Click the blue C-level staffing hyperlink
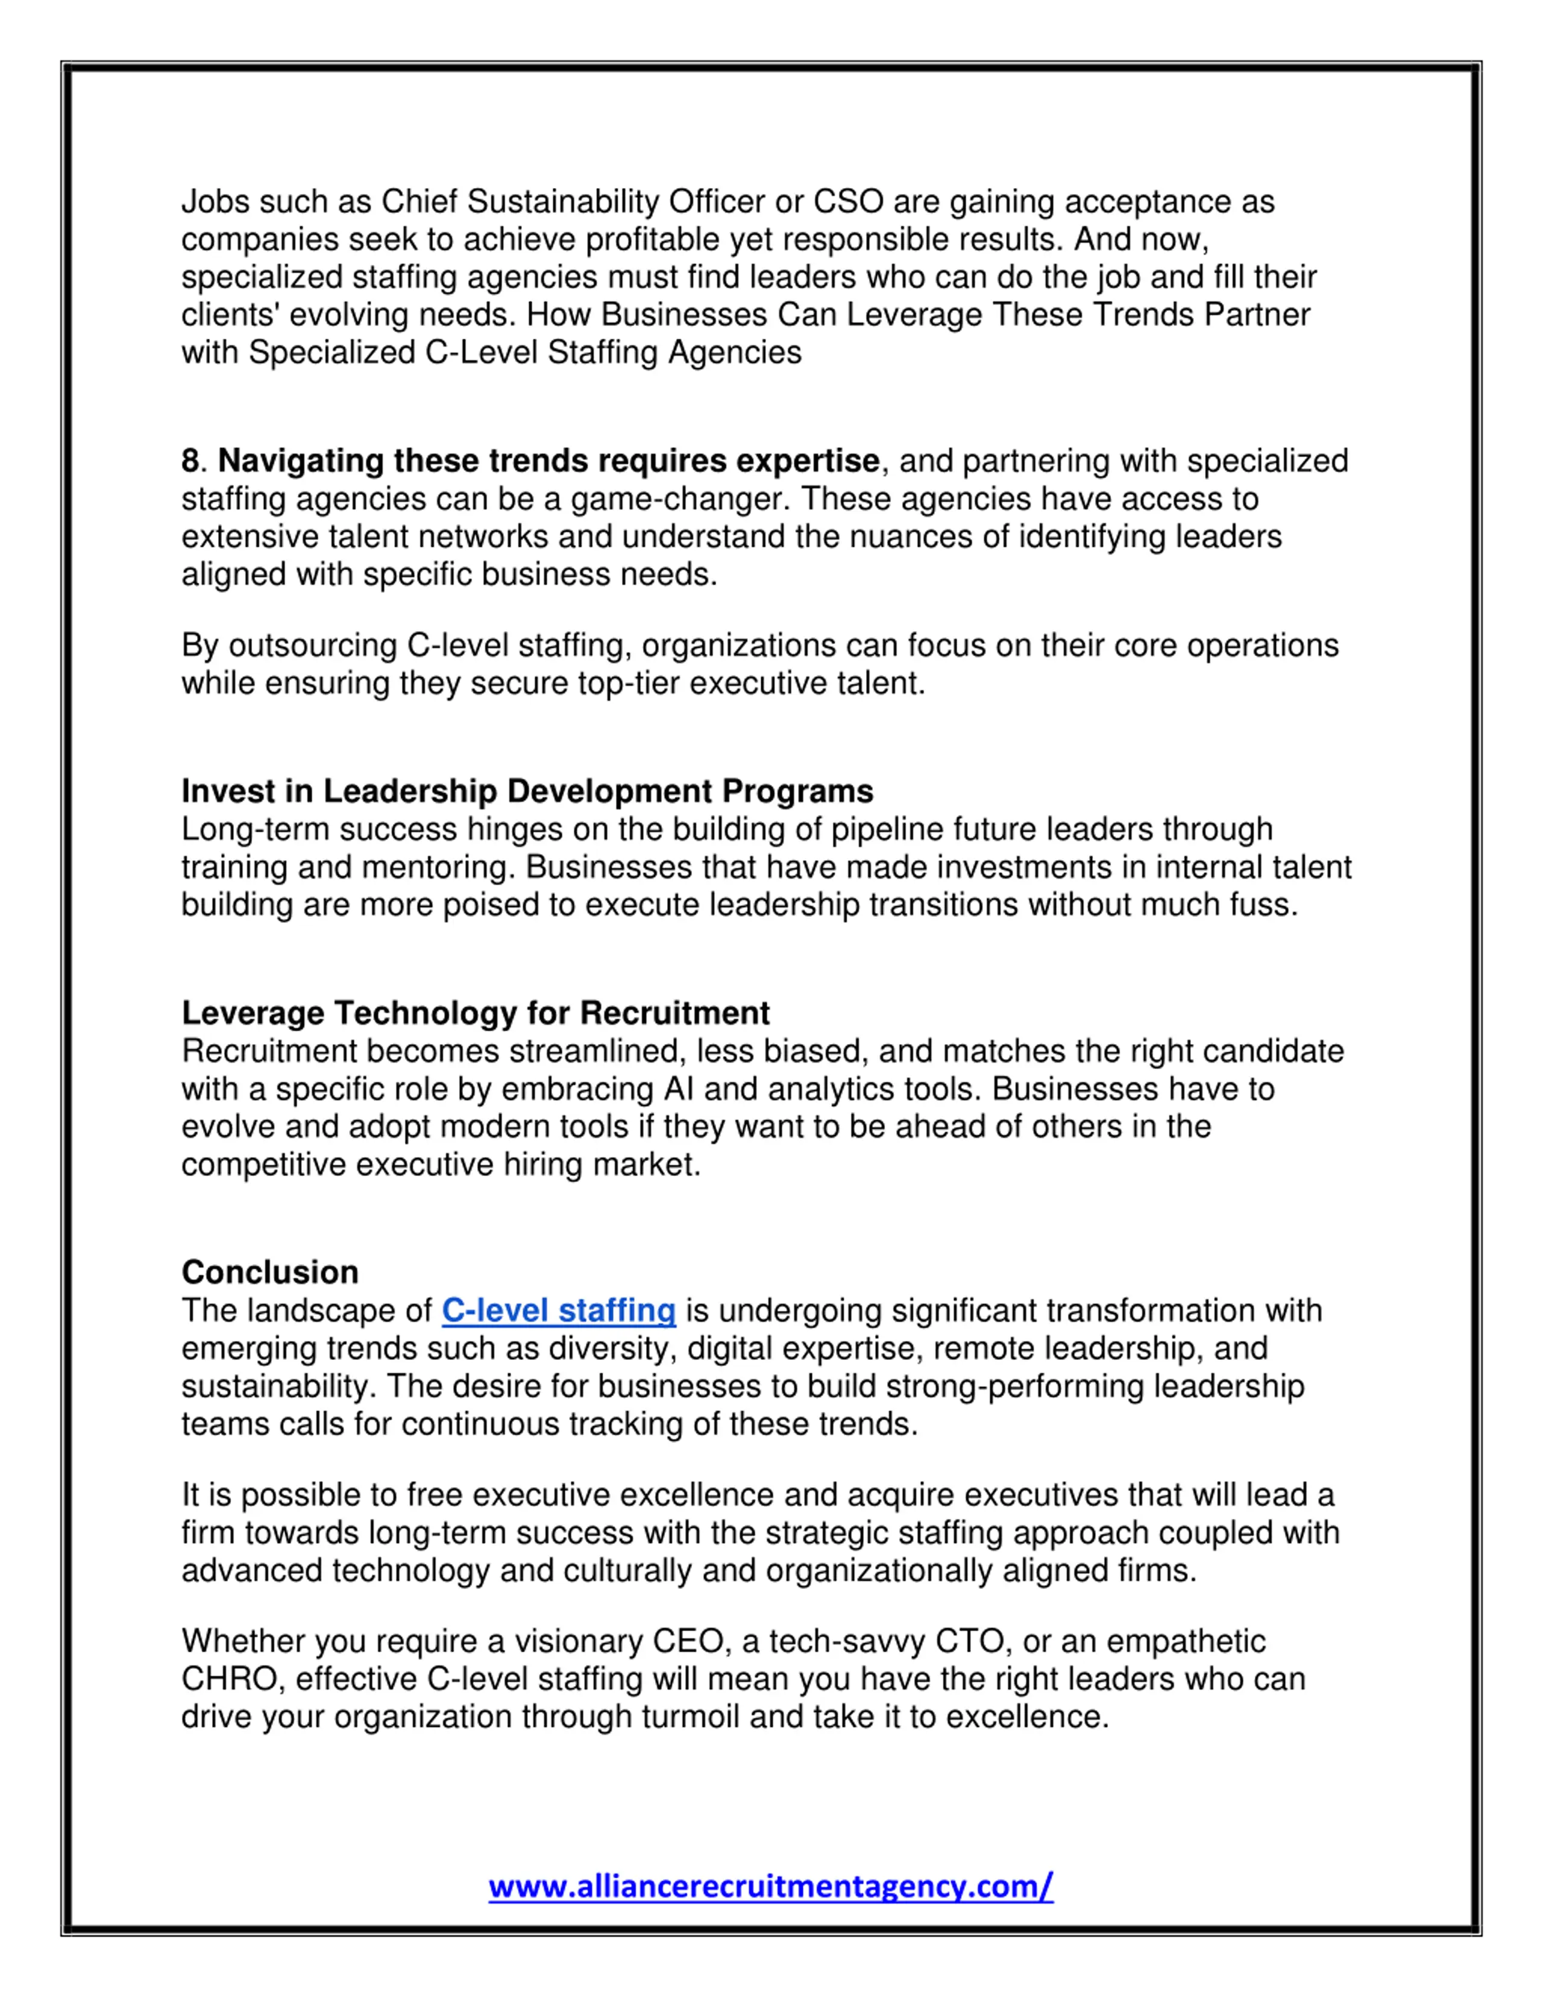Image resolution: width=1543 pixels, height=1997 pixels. pyautogui.click(x=559, y=1310)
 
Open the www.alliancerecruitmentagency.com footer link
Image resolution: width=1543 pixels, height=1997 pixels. pyautogui.click(x=770, y=1885)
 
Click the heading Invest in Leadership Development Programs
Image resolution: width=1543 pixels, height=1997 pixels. pyautogui.click(x=527, y=791)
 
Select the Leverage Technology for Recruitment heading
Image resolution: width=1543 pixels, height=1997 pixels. pyautogui.click(x=476, y=1013)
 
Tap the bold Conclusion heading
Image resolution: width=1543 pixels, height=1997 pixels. pyautogui.click(x=269, y=1272)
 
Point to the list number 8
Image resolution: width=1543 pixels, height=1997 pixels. pyautogui.click(x=190, y=461)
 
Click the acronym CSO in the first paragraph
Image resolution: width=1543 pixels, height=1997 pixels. pyautogui.click(x=847, y=201)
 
